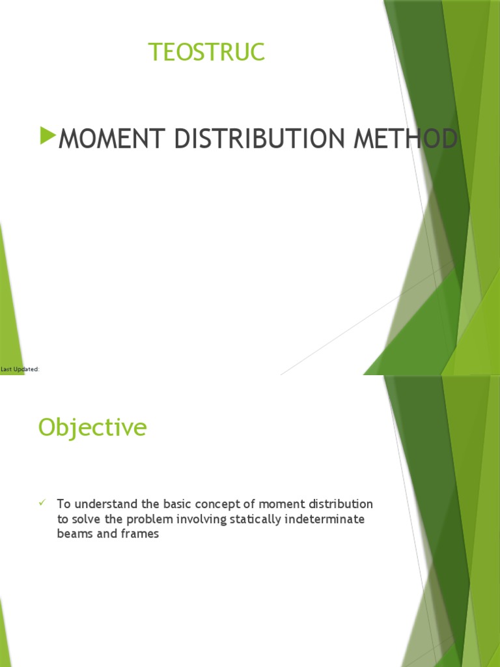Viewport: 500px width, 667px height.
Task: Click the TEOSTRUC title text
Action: pyautogui.click(x=207, y=52)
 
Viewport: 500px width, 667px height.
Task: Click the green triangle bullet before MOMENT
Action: pyautogui.click(x=48, y=136)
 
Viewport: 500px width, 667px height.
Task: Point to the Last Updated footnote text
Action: pyautogui.click(x=20, y=369)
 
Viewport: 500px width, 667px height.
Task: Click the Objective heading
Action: pyautogui.click(x=92, y=427)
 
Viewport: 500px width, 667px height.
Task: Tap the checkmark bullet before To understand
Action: pyautogui.click(x=42, y=503)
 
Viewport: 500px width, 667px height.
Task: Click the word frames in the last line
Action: pyautogui.click(x=139, y=534)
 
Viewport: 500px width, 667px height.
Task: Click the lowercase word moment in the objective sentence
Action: pyautogui.click(x=279, y=504)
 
